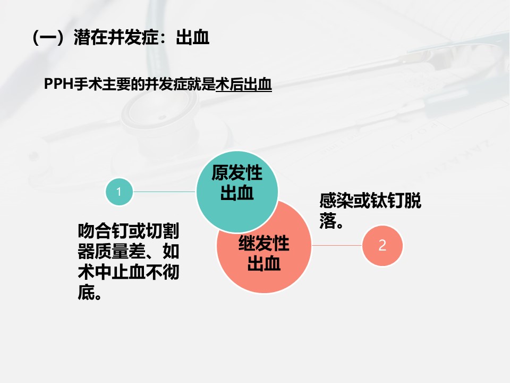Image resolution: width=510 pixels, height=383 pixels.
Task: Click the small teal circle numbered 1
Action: click(119, 191)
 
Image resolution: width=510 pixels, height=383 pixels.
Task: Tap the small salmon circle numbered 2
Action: click(382, 246)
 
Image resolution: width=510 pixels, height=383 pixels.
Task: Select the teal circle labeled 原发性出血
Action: click(237, 192)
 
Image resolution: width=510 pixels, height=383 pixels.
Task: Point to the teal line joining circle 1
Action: click(165, 191)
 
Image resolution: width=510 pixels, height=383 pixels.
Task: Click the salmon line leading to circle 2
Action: click(337, 246)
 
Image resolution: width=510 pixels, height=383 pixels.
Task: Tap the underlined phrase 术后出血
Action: click(244, 85)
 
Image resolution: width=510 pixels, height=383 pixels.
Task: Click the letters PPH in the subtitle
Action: click(59, 84)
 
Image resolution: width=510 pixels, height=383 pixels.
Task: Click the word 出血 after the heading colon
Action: click(192, 37)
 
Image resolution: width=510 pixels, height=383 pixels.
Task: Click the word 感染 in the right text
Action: click(336, 201)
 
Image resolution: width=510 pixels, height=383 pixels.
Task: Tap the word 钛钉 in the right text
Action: click(387, 201)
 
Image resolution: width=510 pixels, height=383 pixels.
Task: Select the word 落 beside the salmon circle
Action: click(328, 221)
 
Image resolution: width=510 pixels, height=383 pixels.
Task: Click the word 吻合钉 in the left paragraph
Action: click(104, 231)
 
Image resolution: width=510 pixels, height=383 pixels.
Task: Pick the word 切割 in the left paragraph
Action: click(163, 231)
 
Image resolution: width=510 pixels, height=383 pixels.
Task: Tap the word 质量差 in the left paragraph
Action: click(121, 251)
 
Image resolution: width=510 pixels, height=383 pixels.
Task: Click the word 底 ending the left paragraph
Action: click(86, 292)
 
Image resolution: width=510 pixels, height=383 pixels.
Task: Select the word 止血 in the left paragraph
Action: click(129, 272)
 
